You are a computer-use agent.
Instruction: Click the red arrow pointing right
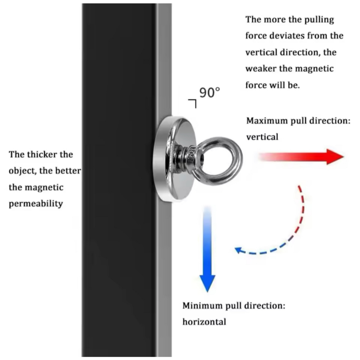[301, 157]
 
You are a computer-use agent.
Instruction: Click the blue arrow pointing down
[207, 249]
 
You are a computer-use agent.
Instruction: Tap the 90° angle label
[210, 92]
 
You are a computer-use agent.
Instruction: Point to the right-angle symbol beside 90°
[192, 104]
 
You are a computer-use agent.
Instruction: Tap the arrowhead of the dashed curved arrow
[238, 250]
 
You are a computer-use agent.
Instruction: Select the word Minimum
[202, 306]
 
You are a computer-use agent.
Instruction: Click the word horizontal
[204, 322]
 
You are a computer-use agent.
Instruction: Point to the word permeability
[36, 204]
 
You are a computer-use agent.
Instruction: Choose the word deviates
[287, 36]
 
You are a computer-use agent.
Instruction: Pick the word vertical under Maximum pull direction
[262, 137]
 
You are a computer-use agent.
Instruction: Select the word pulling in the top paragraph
[319, 20]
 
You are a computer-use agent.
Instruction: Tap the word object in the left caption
[22, 171]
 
